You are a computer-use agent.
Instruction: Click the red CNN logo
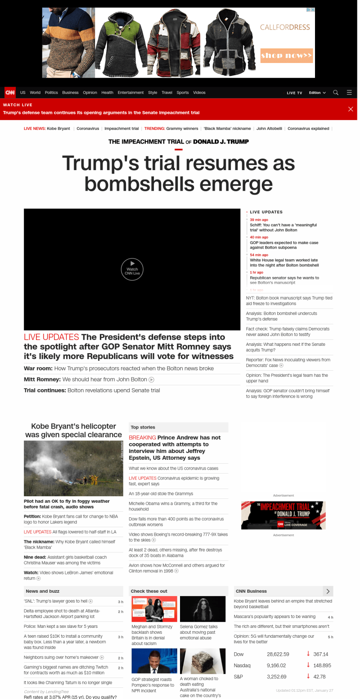point(10,93)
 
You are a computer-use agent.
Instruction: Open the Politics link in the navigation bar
point(51,93)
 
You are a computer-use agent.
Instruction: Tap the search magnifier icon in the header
point(336,93)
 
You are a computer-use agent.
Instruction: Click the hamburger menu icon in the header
point(349,93)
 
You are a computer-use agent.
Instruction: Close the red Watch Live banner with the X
point(351,109)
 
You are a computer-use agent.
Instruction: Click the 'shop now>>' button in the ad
point(287,56)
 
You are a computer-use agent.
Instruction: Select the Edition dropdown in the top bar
point(317,93)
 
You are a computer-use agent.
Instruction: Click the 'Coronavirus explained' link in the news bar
point(308,129)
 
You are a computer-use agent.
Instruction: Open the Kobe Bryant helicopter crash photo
point(73,468)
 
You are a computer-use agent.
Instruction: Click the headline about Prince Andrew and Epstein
point(175,447)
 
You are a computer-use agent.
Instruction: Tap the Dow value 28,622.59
point(278,654)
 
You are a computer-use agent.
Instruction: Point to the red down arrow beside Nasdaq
point(308,665)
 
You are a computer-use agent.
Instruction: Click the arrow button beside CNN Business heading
point(328,591)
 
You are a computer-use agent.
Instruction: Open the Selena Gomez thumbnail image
point(203,609)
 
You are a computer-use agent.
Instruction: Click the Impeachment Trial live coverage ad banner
point(283,515)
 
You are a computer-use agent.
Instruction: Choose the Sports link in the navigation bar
point(183,93)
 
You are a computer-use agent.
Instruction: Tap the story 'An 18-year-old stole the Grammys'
point(161,494)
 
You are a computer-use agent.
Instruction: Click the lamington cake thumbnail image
point(203,661)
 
